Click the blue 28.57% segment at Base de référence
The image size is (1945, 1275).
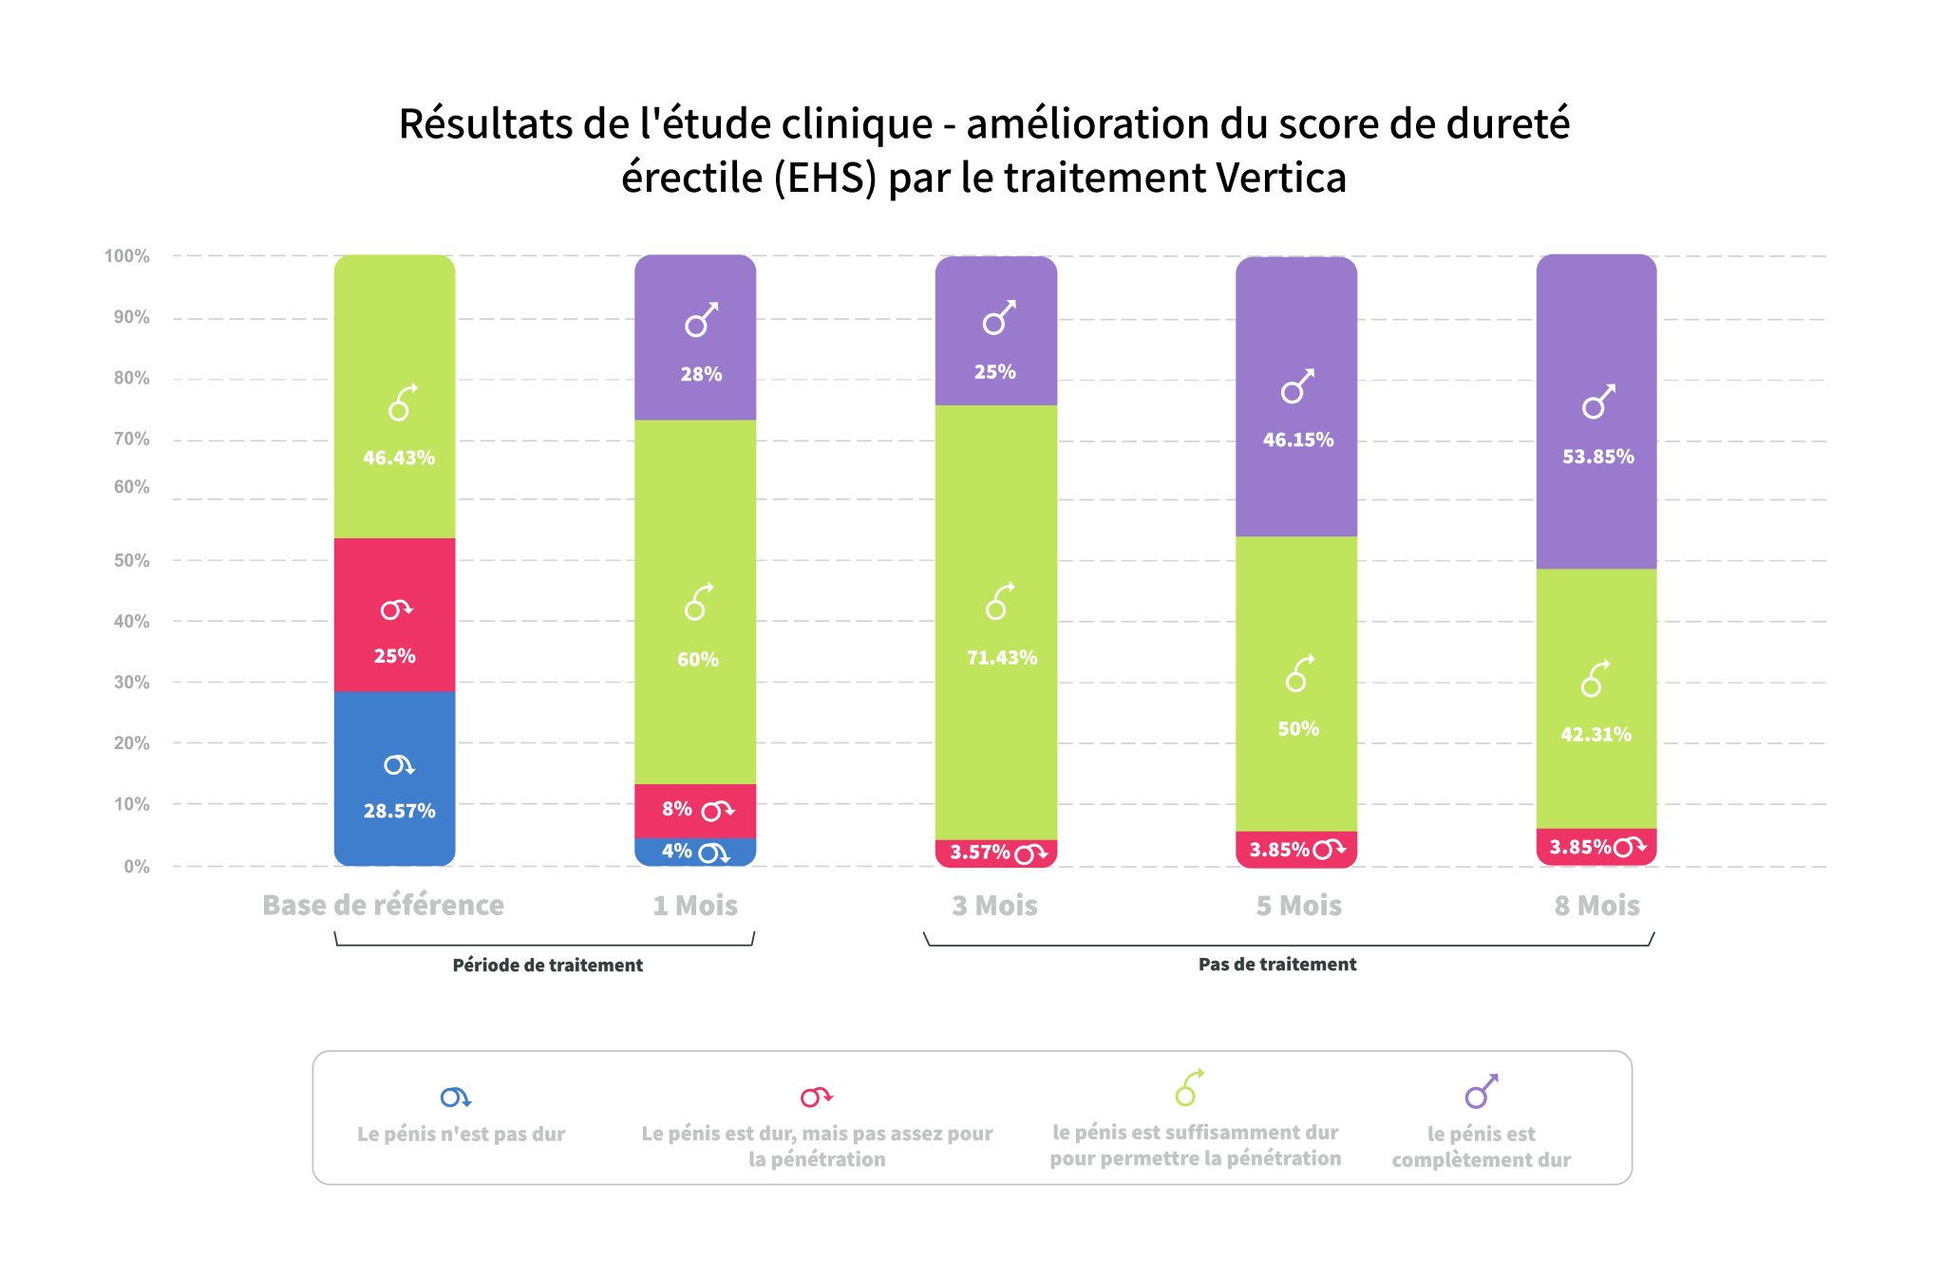394,778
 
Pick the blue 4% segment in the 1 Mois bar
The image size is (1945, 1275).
695,852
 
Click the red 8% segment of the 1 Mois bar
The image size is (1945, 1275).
695,811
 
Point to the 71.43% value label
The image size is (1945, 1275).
1002,658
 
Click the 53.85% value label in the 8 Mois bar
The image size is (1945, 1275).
1598,457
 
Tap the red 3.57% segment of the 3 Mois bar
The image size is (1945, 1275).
996,853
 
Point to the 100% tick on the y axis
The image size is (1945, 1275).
127,256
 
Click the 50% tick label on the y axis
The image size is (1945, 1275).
132,560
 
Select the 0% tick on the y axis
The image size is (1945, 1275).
137,866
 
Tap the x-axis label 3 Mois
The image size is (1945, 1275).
995,906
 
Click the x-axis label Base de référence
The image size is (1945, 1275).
384,906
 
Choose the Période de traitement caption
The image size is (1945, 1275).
547,966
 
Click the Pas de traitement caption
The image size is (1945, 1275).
1277,965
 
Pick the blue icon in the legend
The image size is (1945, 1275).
456,1097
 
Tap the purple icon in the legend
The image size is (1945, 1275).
1481,1092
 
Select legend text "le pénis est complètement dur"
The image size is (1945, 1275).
1481,1147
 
